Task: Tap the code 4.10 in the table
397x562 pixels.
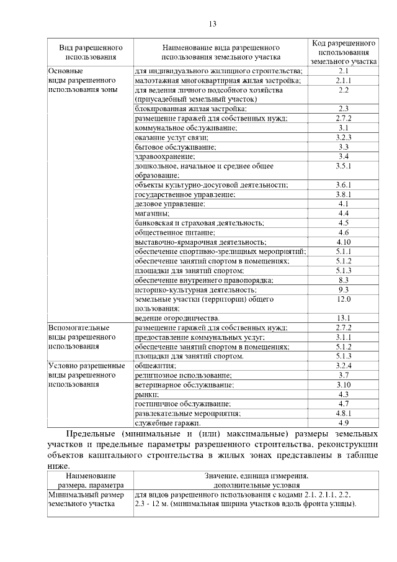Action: (344, 242)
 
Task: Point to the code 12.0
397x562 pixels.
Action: (344, 299)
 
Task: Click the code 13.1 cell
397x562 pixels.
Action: (344, 318)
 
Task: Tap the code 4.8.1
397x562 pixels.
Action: (344, 413)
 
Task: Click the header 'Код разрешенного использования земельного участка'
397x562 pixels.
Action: (344, 53)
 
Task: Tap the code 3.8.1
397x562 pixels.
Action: (344, 194)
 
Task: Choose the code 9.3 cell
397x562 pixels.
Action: (344, 289)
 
